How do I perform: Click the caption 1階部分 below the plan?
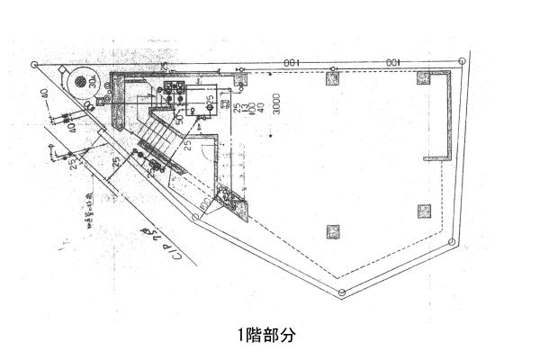pos(266,336)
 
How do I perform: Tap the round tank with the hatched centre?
pos(83,82)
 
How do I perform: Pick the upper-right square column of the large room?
pos(423,77)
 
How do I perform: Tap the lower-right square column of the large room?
pos(424,212)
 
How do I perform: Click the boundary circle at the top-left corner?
pos(34,65)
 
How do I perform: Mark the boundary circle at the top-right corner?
pos(463,61)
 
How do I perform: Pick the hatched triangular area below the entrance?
pos(232,202)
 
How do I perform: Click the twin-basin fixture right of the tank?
pos(175,86)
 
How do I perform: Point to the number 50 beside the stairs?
pos(180,118)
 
